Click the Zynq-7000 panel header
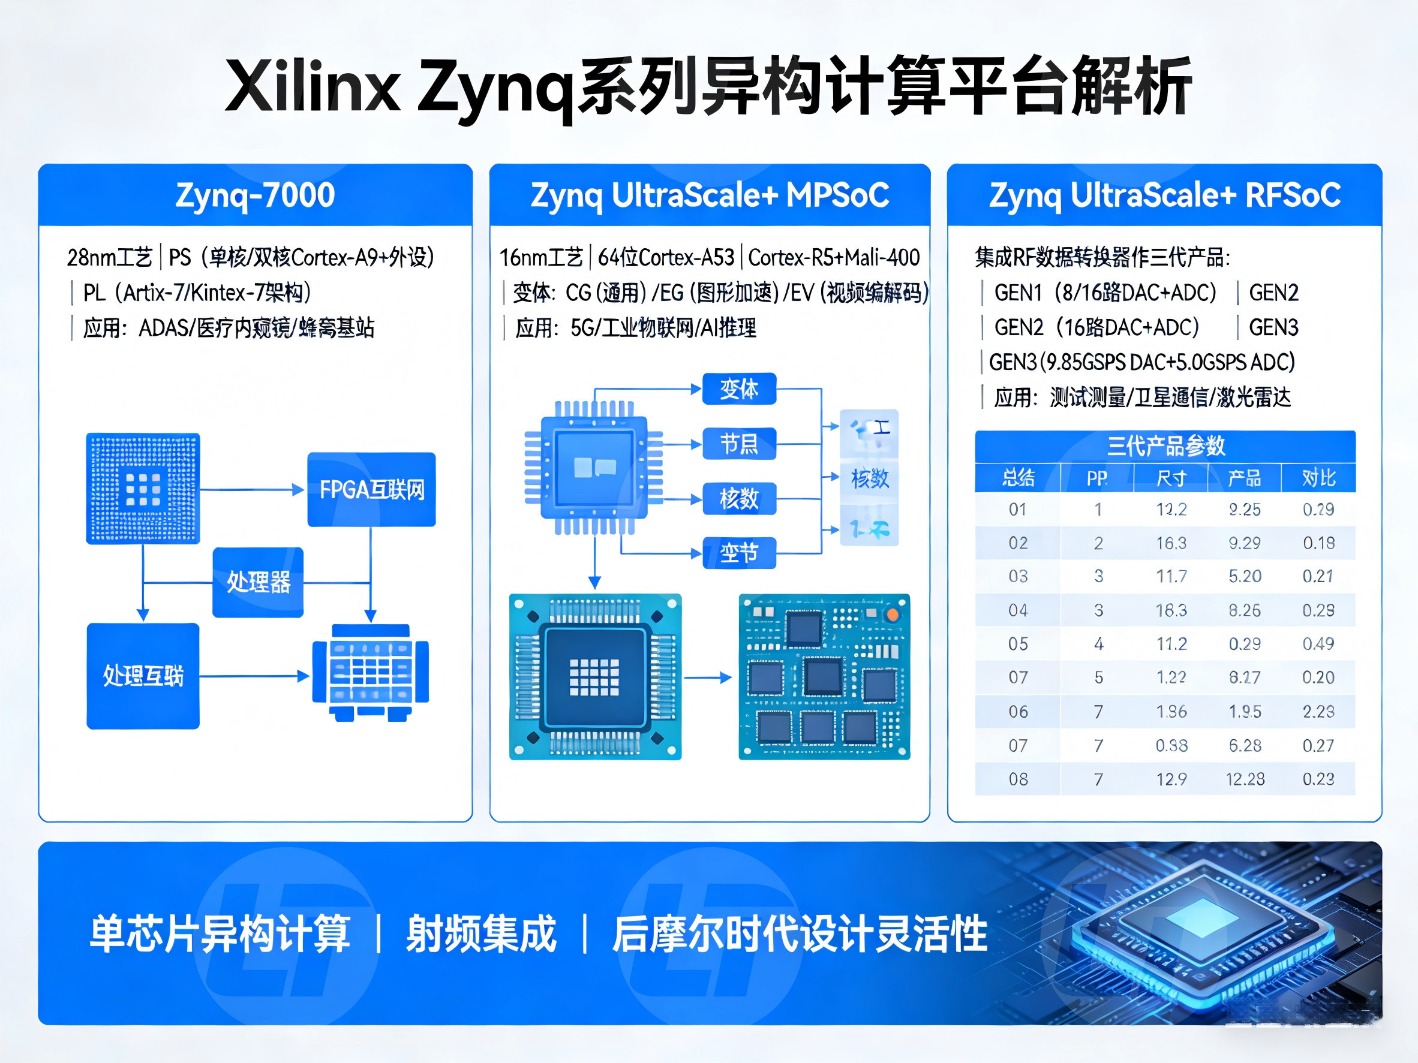tap(255, 195)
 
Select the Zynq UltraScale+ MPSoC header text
tap(710, 195)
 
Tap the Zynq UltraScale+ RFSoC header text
tap(1164, 195)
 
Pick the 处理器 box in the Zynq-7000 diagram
tap(258, 582)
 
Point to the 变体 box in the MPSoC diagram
tap(738, 389)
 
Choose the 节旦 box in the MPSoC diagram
tap(738, 444)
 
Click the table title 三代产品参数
tap(1165, 445)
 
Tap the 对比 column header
tap(1318, 478)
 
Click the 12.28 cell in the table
tap(1244, 779)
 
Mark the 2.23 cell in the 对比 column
tap(1318, 711)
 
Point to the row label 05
tap(1018, 643)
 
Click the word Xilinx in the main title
tap(313, 86)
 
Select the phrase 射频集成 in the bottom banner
tap(481, 933)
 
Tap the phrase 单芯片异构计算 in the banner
tap(220, 933)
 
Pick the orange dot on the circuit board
tap(892, 615)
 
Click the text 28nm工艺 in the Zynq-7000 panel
tap(110, 258)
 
